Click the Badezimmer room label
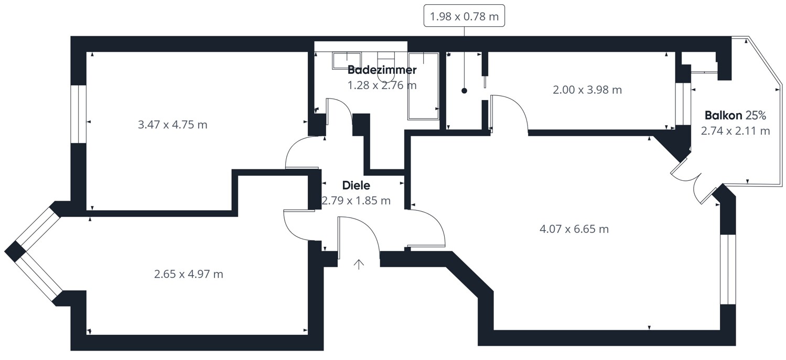(382, 70)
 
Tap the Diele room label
(356, 185)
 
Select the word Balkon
(723, 115)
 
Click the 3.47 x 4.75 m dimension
(172, 125)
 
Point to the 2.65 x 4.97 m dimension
(188, 274)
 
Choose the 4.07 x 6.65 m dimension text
(574, 229)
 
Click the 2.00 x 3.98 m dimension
(587, 90)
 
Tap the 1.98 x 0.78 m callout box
(464, 17)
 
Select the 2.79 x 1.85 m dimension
(356, 201)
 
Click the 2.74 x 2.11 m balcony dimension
(735, 130)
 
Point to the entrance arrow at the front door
(359, 264)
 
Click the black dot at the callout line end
(464, 91)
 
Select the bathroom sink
(346, 60)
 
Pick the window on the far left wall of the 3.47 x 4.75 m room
(78, 114)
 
